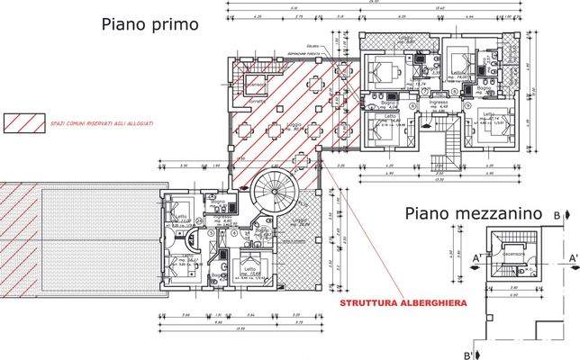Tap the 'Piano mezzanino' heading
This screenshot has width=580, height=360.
point(472,214)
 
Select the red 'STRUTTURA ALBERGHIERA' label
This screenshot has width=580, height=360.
point(402,304)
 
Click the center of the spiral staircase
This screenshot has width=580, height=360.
point(271,193)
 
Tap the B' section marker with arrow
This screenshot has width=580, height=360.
point(470,354)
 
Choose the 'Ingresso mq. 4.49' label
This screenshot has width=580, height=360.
point(439,106)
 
